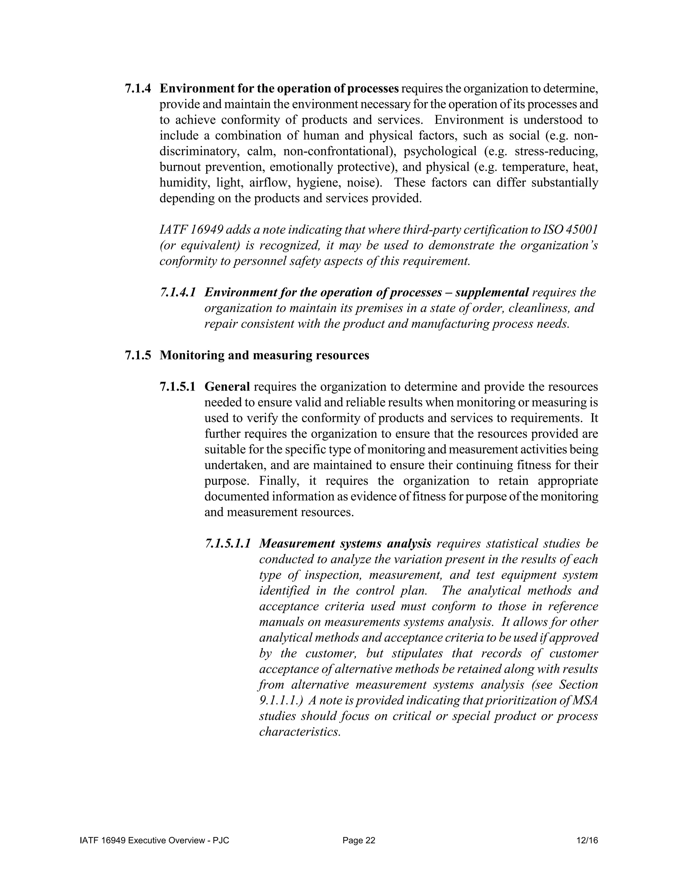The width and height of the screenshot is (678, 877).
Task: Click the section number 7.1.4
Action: point(138,89)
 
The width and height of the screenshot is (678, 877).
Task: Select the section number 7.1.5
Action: point(138,355)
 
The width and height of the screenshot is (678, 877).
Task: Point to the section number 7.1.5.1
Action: point(177,387)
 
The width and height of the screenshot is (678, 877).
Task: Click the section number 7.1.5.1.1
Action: point(228,544)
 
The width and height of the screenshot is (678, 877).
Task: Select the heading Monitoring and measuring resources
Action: point(264,355)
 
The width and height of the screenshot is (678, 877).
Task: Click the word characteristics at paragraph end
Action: point(300,732)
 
